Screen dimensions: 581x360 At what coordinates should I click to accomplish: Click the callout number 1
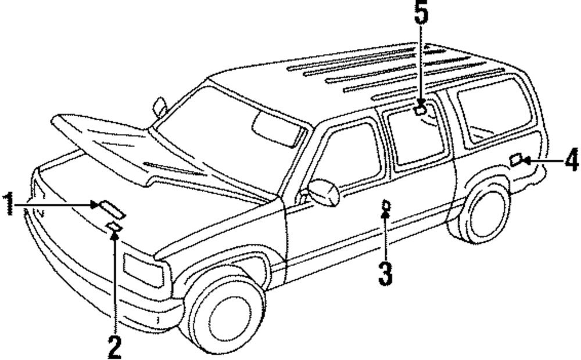[9, 204]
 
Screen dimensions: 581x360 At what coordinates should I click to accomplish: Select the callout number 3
[385, 272]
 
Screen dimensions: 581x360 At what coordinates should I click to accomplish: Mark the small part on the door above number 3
[385, 204]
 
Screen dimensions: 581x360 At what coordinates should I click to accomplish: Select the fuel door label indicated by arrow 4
[515, 160]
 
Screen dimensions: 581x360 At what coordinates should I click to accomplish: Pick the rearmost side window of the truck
[494, 110]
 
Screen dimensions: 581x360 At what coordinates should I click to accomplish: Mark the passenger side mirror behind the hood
[160, 107]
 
